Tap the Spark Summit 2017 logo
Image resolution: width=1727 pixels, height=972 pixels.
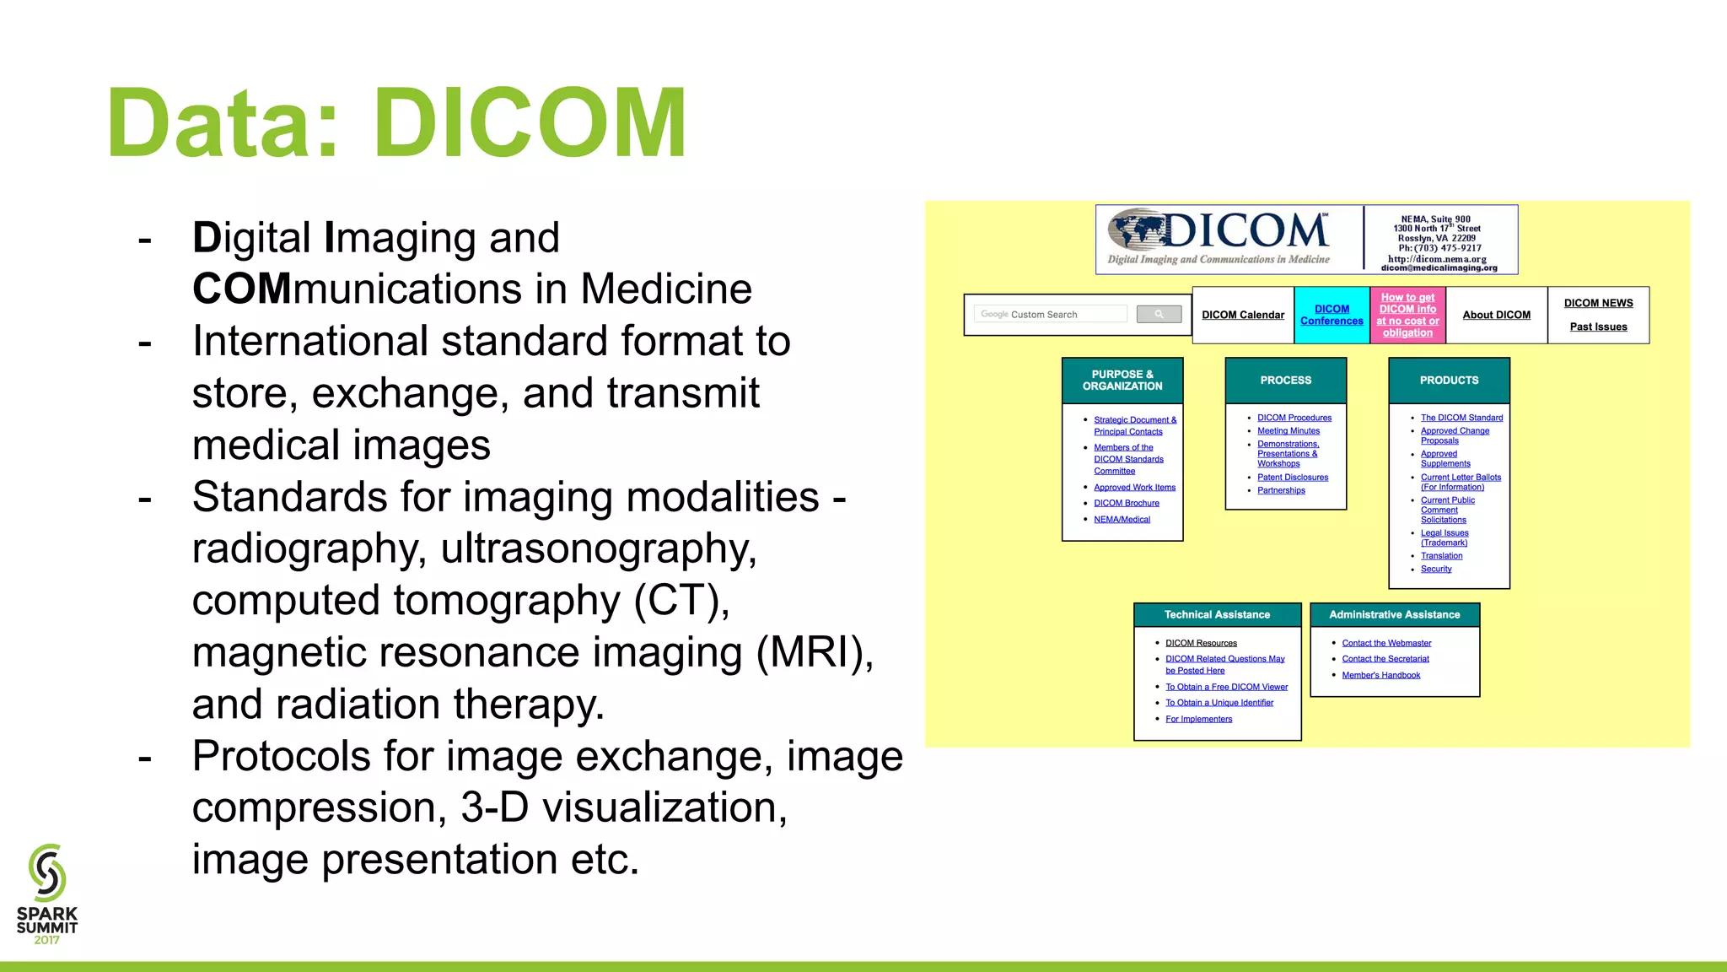47,894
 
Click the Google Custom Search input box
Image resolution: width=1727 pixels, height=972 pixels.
1050,315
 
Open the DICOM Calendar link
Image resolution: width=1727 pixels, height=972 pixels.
1243,316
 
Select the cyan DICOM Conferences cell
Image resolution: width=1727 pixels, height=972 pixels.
1332,316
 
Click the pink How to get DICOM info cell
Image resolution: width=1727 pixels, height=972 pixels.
1407,316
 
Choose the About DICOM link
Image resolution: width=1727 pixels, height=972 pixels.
1496,316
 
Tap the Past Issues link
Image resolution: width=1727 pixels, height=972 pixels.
1598,327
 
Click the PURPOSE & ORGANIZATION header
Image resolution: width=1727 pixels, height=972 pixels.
1122,381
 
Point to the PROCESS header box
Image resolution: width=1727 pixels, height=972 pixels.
1285,381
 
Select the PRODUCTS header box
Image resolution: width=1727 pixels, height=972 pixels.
1449,381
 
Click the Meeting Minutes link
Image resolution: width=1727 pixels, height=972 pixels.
1289,431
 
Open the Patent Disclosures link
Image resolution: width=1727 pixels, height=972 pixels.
1292,478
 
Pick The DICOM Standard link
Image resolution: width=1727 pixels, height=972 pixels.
1461,418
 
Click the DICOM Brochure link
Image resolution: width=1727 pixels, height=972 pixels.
1126,504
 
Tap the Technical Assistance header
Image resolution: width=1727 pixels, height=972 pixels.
1217,615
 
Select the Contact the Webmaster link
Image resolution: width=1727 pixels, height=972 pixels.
1386,644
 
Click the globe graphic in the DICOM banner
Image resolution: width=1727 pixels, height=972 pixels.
1135,230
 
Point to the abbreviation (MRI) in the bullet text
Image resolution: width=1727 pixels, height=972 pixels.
815,653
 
